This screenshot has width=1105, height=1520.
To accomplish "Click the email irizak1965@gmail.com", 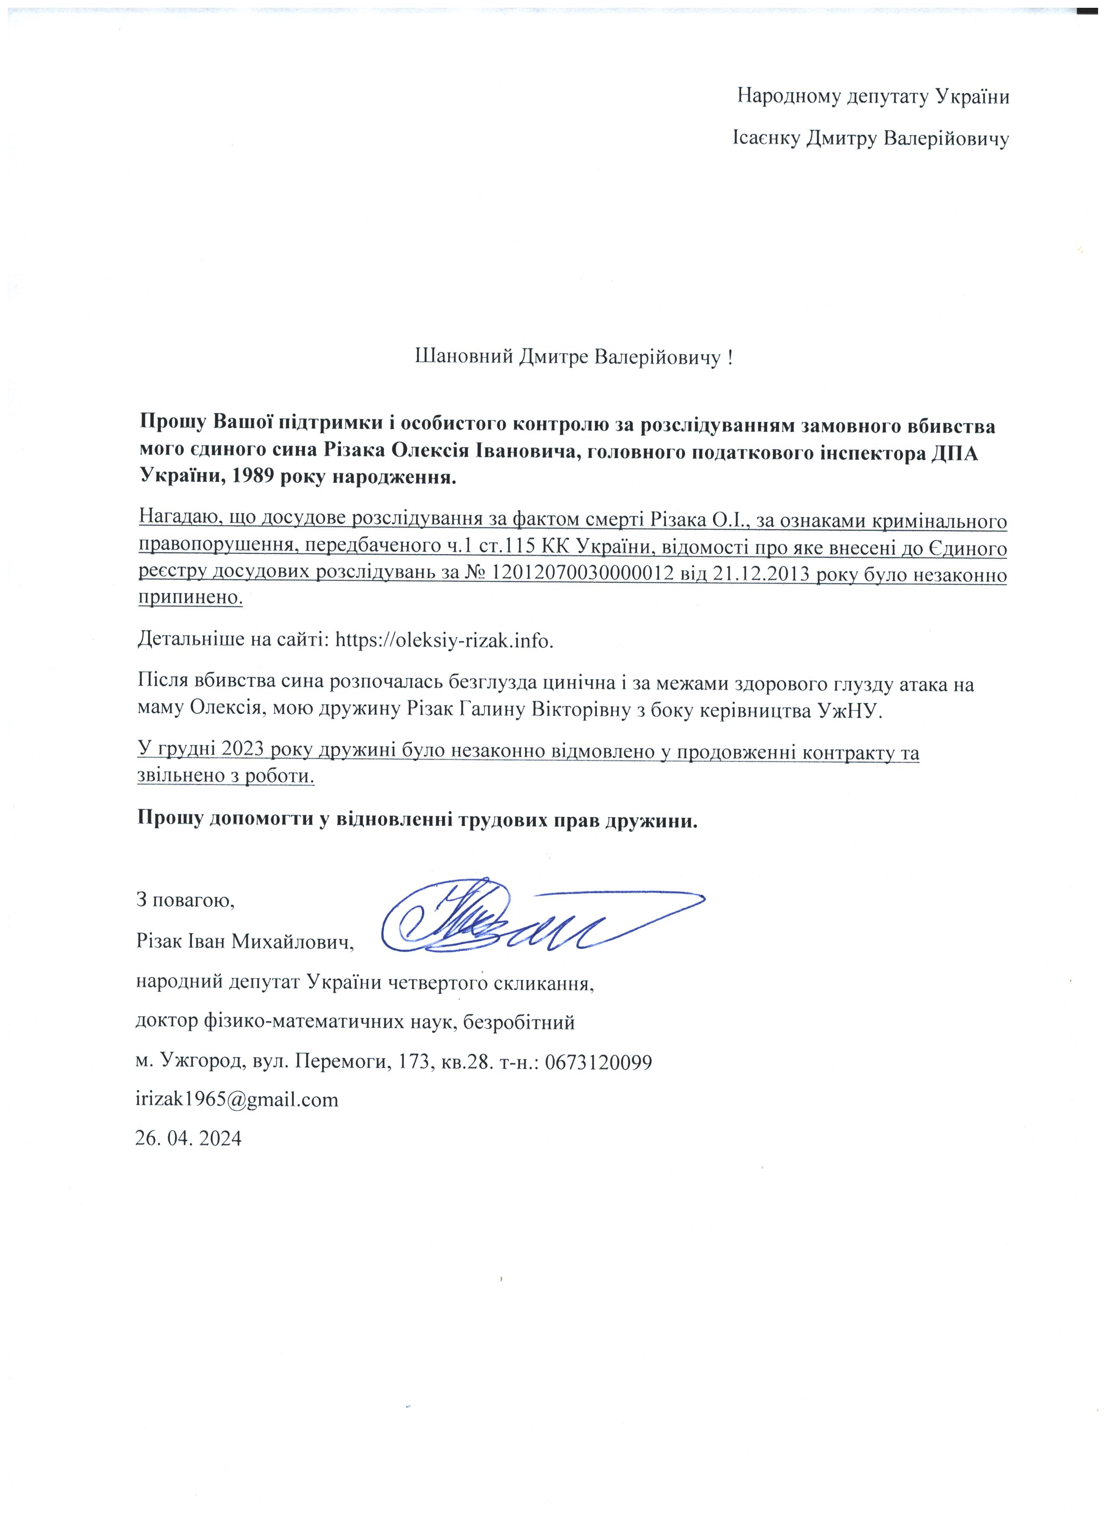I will pos(237,1100).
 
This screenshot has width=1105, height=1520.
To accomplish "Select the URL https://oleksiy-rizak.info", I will pos(444,640).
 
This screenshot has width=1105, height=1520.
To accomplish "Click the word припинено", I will pos(190,598).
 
